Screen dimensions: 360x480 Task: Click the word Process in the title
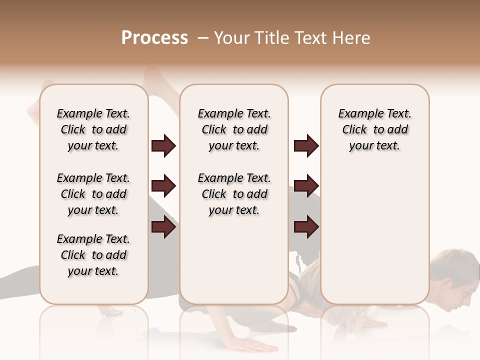(154, 38)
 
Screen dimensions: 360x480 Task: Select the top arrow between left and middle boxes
(164, 146)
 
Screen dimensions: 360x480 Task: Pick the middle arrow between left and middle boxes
(164, 186)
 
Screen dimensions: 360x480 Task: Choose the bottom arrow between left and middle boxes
(164, 227)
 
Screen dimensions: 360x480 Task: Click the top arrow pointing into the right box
(306, 146)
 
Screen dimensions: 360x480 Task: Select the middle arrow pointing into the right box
(306, 186)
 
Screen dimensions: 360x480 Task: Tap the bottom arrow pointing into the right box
(306, 227)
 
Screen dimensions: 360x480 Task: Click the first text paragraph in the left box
(93, 129)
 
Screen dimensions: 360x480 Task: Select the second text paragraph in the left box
(93, 194)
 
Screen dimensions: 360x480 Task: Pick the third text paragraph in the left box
(93, 255)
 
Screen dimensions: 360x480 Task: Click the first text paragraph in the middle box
(234, 129)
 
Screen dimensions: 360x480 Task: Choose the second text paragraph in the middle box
(234, 194)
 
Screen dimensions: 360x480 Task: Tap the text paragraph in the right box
(374, 129)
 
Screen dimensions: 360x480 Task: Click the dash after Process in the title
(203, 38)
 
